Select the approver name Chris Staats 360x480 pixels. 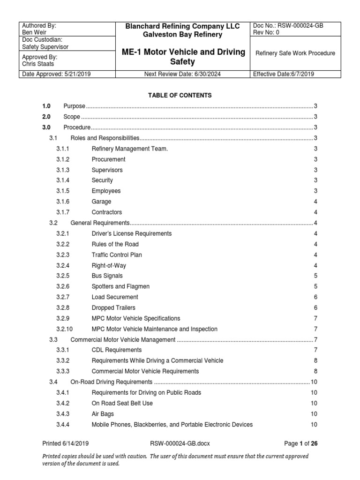coord(38,64)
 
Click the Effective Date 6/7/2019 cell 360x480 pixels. coord(285,74)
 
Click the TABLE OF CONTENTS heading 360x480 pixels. coord(180,95)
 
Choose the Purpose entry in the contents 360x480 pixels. coord(74,106)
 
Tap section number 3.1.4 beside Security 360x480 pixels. coord(63,180)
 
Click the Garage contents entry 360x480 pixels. coord(101,202)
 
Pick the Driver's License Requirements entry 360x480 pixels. coord(132,233)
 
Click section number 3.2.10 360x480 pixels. coord(65,329)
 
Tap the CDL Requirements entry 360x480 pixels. coord(117,350)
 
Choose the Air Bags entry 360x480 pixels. coord(103,414)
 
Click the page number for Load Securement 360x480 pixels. coord(315,297)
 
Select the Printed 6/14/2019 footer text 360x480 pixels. coord(66,443)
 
